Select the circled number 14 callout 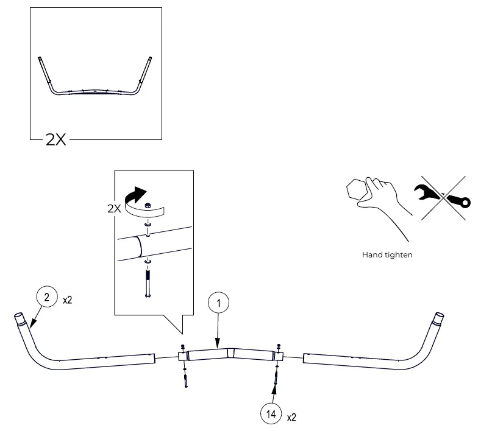pyautogui.click(x=269, y=415)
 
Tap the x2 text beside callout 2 pyautogui.click(x=68, y=300)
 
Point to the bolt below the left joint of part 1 pyautogui.click(x=183, y=379)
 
